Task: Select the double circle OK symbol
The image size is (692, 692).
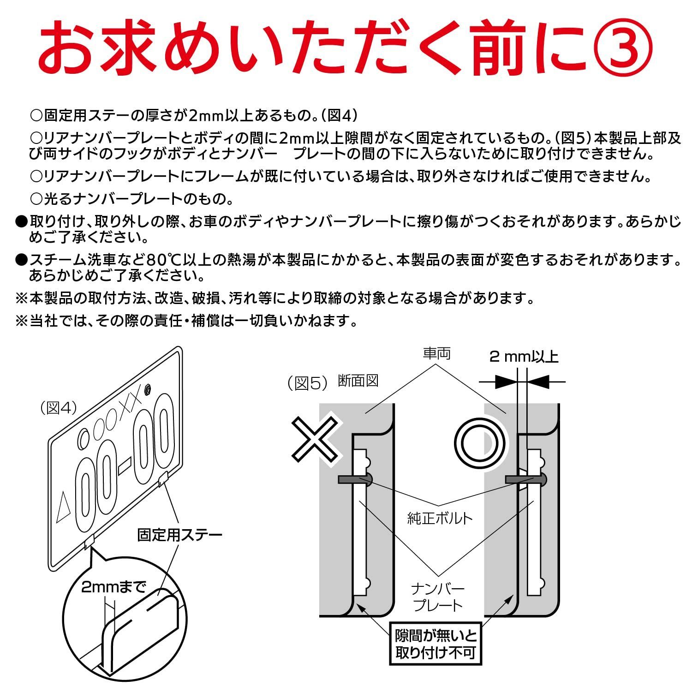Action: pyautogui.click(x=479, y=443)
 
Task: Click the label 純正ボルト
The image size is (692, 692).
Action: pyautogui.click(x=440, y=518)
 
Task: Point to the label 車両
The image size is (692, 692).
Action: pyautogui.click(x=436, y=354)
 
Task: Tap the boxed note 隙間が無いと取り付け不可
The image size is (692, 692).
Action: pyautogui.click(x=435, y=644)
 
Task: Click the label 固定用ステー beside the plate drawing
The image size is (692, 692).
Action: pyautogui.click(x=179, y=535)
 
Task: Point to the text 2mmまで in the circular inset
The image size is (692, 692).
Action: pyautogui.click(x=113, y=587)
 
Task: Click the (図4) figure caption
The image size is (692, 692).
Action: pyautogui.click(x=58, y=407)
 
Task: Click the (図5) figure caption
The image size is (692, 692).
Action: pyautogui.click(x=307, y=383)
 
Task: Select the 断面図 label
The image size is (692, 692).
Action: pyautogui.click(x=358, y=381)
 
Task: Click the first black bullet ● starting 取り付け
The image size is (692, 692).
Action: pyautogui.click(x=21, y=222)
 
